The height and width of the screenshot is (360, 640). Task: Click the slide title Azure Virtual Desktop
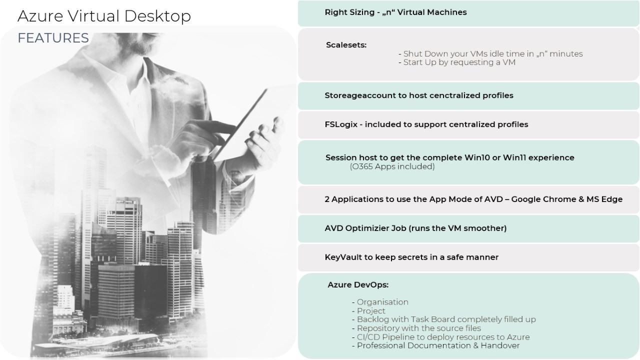click(x=104, y=16)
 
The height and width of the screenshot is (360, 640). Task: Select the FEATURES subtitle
click(x=53, y=38)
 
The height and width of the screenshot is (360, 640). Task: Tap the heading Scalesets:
click(x=346, y=45)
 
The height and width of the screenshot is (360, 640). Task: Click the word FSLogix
click(x=341, y=124)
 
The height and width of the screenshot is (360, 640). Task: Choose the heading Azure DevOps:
click(x=358, y=285)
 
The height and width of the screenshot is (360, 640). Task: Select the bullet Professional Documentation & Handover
click(x=438, y=345)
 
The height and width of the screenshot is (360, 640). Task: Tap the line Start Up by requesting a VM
click(x=459, y=62)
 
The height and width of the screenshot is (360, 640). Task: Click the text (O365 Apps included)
click(x=392, y=166)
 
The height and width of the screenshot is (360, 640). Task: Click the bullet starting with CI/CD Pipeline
click(x=443, y=337)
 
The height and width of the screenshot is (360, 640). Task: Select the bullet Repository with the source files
click(x=418, y=328)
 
